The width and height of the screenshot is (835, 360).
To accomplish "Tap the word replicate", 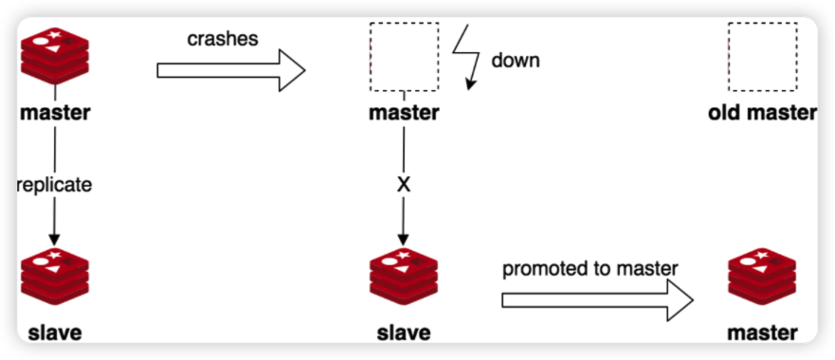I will tap(55, 185).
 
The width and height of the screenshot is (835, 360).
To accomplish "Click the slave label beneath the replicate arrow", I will tap(55, 332).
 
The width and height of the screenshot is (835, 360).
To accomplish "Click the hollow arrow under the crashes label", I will tap(231, 70).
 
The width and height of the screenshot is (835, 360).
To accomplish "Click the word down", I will tap(515, 61).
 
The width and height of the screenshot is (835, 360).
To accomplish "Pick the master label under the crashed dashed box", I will tap(405, 114).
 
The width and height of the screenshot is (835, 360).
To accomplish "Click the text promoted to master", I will tap(590, 269).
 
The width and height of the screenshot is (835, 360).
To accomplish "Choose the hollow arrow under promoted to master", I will tap(597, 299).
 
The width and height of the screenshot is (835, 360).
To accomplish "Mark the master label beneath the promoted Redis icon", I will tap(762, 332).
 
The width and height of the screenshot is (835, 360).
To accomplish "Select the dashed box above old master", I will tap(760, 56).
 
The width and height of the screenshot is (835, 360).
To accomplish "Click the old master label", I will tap(762, 114).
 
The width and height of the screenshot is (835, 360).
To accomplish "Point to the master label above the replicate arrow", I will tap(55, 114).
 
